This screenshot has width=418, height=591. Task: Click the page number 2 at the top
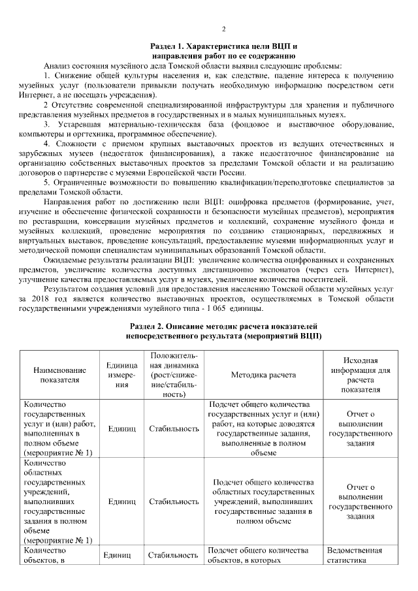coord(223,29)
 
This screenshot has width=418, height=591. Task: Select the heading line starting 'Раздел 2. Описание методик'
coord(223,325)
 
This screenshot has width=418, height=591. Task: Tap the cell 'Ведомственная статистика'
coord(355,555)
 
